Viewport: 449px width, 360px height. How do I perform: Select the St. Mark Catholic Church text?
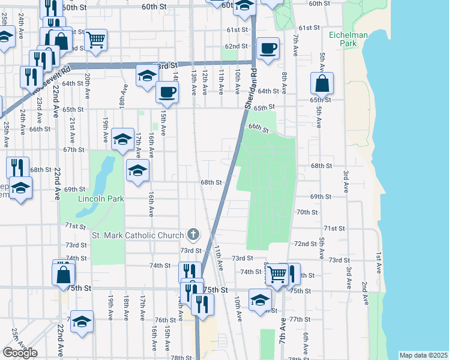click(x=137, y=235)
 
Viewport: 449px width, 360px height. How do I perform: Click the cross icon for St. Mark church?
click(x=193, y=234)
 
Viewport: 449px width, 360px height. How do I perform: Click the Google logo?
click(x=20, y=353)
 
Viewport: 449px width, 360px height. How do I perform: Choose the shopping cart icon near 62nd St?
click(x=96, y=40)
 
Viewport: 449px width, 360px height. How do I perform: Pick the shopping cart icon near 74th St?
click(x=276, y=274)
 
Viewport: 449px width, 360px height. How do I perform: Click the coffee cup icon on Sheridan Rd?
click(x=268, y=47)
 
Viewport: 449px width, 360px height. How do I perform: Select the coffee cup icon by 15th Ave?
click(x=167, y=92)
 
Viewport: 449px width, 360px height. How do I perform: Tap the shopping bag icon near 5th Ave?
click(x=322, y=83)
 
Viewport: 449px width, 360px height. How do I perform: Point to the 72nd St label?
click(x=305, y=244)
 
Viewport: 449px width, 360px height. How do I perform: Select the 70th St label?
click(x=307, y=212)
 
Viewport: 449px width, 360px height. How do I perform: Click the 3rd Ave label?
click(x=346, y=181)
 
